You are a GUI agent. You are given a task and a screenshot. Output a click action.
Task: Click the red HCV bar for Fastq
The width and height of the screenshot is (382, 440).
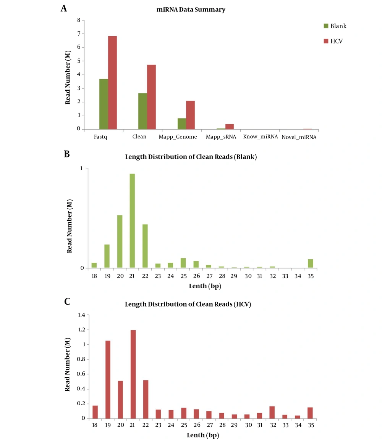pos(112,82)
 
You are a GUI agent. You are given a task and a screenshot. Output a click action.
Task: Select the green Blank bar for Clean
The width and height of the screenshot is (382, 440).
pos(142,111)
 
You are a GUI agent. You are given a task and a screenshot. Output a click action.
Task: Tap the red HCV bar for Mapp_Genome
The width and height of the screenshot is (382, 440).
pos(190,115)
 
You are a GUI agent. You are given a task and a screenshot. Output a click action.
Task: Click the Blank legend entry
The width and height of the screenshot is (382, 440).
pos(335,26)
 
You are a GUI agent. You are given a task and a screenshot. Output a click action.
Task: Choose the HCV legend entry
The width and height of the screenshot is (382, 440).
pos(333,41)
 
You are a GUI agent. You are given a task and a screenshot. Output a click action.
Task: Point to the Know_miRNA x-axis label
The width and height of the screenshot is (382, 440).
pos(260,136)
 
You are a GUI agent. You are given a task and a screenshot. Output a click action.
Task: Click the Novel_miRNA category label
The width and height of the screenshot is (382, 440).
pos(299,137)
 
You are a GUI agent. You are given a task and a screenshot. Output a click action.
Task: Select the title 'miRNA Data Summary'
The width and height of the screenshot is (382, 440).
pos(191,10)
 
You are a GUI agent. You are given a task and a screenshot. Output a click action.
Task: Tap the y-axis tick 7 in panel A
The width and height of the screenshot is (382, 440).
pos(79,34)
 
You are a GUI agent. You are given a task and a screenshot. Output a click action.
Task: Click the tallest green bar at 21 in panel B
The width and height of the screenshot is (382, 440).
pos(132,221)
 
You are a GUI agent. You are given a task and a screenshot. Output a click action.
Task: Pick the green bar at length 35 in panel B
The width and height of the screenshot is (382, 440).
pos(310,263)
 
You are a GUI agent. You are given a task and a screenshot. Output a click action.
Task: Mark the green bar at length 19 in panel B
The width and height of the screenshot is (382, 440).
pos(107,256)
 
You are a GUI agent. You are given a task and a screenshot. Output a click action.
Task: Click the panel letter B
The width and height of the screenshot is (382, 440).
pos(67,154)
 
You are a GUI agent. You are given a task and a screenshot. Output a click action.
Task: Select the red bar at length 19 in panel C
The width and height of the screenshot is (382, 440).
pos(108,380)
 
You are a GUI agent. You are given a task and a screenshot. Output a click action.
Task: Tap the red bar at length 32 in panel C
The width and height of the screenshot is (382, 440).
pos(272,413)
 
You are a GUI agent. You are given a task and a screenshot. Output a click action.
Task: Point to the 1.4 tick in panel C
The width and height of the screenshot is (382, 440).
pos(81,315)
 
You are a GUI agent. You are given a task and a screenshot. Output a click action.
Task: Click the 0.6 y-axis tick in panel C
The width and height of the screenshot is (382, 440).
pos(81,374)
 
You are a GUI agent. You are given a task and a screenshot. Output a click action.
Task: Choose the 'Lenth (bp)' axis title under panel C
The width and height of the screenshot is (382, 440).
pos(203,435)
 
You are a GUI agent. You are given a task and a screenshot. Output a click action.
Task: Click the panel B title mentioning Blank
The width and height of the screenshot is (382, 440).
pos(191,157)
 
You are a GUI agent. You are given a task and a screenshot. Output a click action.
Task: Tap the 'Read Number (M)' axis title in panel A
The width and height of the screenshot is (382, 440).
pos(68,77)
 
